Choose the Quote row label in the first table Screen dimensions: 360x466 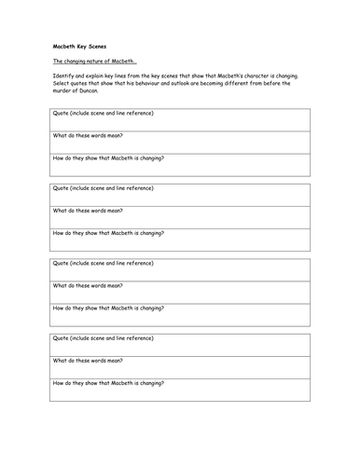click(103, 114)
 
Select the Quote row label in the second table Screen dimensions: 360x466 click(103, 188)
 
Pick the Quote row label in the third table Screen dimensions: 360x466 click(103, 264)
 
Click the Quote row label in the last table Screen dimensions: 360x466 click(103, 338)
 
